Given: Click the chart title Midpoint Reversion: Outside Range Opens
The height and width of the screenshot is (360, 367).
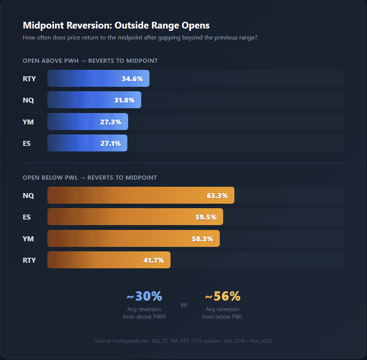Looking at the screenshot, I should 116,26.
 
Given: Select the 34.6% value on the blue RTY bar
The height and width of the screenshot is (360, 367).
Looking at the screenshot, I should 132,79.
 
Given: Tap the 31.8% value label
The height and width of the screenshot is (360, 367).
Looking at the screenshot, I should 124,100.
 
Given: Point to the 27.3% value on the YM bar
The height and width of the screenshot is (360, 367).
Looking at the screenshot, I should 111,122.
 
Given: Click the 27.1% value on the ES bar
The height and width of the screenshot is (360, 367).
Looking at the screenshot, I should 110,144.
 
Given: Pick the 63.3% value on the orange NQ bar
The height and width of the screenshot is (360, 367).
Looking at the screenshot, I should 217,195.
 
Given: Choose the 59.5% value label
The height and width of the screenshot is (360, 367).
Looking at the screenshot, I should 206,217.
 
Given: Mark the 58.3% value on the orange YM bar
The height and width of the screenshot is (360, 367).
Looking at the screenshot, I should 202,239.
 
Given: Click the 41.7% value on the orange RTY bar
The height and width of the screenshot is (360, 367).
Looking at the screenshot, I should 153,260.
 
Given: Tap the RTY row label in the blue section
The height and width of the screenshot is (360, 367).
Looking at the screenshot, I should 29,79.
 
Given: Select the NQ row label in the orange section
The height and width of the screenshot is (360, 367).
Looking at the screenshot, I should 28,195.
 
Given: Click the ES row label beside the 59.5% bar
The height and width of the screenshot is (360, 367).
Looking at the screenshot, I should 27,217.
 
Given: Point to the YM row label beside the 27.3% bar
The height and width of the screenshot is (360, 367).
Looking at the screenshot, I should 28,122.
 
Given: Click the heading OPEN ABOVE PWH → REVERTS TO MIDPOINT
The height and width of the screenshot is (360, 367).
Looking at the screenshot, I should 90,61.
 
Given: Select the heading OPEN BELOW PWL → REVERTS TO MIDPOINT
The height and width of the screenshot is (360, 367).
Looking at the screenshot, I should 90,177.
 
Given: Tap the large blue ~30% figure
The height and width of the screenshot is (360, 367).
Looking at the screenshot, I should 144,296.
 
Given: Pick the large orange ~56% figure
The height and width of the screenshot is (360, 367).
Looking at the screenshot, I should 222,296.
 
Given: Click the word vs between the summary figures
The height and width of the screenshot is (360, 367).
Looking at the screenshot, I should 184,305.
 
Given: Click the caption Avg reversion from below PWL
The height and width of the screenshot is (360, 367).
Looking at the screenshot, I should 222,313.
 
